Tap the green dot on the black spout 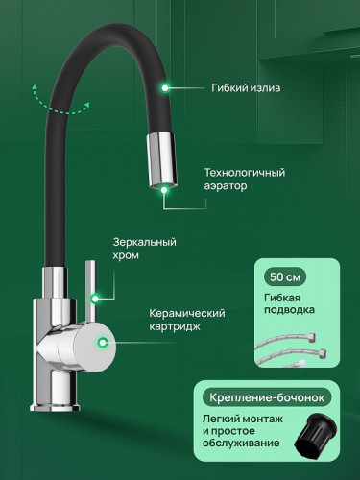click(x=167, y=87)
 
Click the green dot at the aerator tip click(x=166, y=189)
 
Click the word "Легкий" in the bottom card click(x=218, y=420)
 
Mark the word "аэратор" click(x=226, y=186)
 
